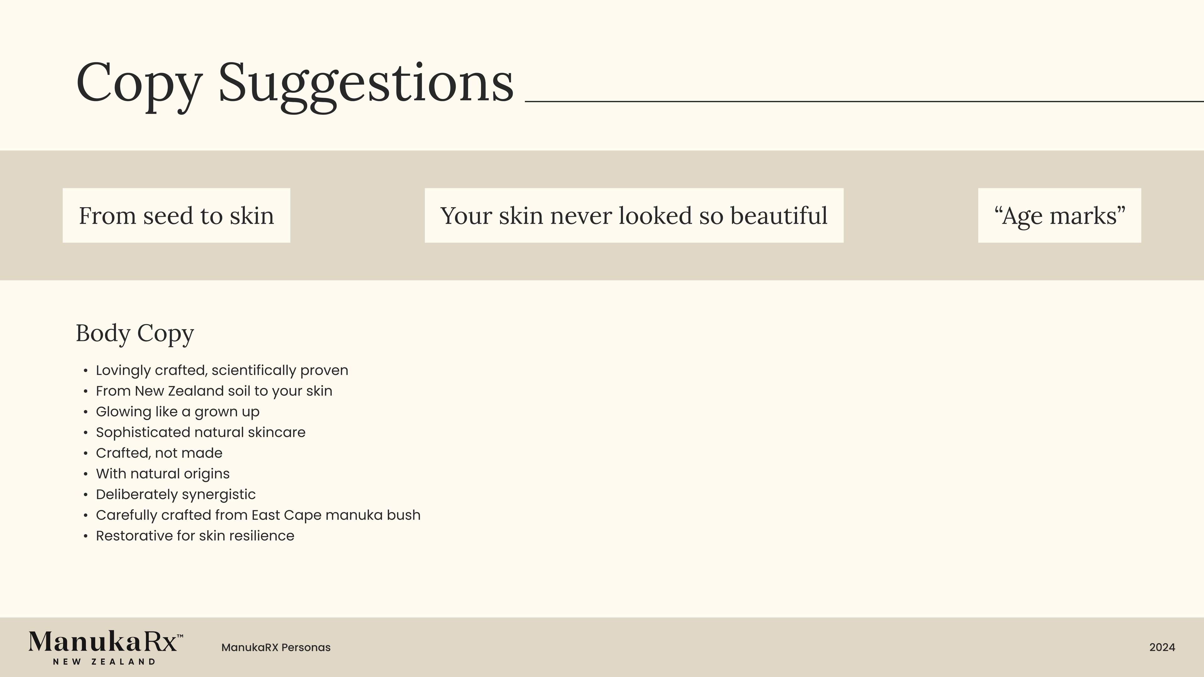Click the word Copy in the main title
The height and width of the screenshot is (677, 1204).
pyautogui.click(x=139, y=87)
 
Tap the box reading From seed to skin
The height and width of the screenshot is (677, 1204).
pyautogui.click(x=176, y=215)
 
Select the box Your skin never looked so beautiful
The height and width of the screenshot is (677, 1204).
pyautogui.click(x=634, y=215)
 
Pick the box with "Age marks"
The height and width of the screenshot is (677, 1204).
pyautogui.click(x=1059, y=215)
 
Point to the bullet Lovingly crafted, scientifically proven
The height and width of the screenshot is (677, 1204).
pyautogui.click(x=222, y=370)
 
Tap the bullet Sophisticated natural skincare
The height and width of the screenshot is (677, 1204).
pyautogui.click(x=201, y=433)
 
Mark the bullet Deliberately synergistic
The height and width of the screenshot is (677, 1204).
pyautogui.click(x=176, y=494)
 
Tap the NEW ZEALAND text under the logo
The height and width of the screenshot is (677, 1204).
pyautogui.click(x=104, y=662)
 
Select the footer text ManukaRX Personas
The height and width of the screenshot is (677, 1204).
pyautogui.click(x=276, y=648)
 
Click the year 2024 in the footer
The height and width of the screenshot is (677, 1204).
pyautogui.click(x=1162, y=648)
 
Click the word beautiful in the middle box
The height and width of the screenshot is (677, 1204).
pyautogui.click(x=779, y=215)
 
